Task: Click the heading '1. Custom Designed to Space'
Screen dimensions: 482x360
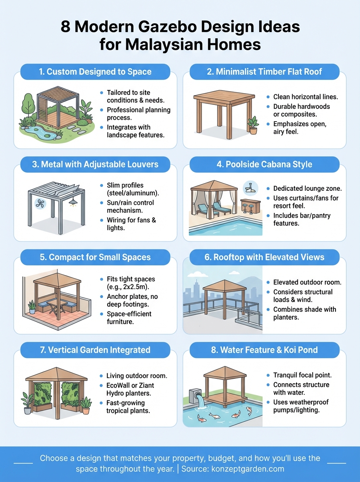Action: pos(95,72)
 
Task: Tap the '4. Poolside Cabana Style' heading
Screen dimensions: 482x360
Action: pos(264,164)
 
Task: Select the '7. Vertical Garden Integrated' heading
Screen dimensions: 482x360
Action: pos(95,350)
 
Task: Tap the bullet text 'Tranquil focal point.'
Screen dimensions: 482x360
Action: pos(302,375)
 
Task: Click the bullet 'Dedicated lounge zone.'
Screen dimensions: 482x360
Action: pos(307,188)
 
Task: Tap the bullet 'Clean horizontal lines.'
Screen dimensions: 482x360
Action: pos(305,97)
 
